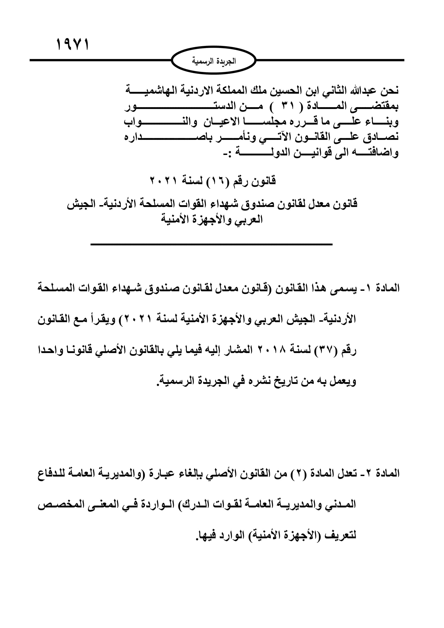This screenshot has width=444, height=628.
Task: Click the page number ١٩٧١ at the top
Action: [x=73, y=45]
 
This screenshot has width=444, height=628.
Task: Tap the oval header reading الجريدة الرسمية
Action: [x=213, y=61]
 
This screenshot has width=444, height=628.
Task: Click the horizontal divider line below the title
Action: [x=211, y=244]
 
